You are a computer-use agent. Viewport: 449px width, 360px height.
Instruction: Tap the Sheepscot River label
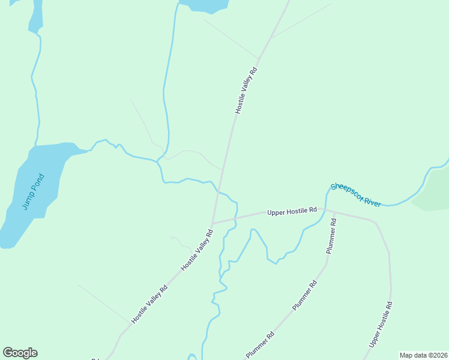click(356, 195)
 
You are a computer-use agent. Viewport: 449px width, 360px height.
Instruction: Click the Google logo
click(20, 353)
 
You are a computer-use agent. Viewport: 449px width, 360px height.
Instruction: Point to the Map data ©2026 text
click(424, 355)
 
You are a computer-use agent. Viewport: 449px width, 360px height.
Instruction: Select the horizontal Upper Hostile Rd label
click(292, 211)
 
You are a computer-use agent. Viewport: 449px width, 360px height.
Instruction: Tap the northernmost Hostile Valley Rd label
click(246, 90)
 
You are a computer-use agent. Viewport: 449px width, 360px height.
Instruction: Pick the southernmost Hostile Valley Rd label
click(149, 304)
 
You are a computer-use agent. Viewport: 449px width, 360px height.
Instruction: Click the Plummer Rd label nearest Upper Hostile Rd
click(331, 236)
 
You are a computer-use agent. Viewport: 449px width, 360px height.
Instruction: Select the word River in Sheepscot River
click(372, 202)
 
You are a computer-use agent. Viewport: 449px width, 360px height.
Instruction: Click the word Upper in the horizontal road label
click(277, 212)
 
